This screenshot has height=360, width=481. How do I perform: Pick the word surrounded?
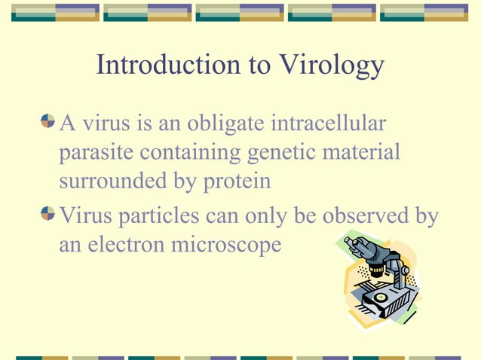(x=110, y=184)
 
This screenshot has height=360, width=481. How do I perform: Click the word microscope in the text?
(x=229, y=246)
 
